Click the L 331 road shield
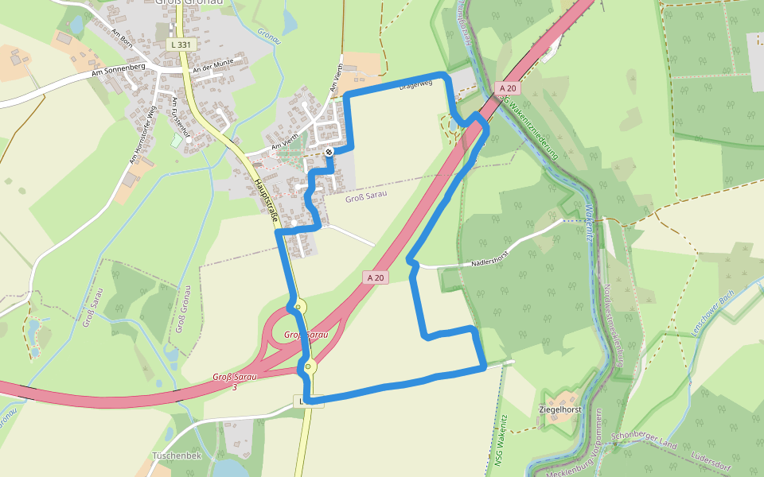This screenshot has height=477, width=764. (181, 45)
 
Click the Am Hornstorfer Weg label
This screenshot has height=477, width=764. (141, 135)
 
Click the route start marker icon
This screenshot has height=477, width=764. (329, 151)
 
